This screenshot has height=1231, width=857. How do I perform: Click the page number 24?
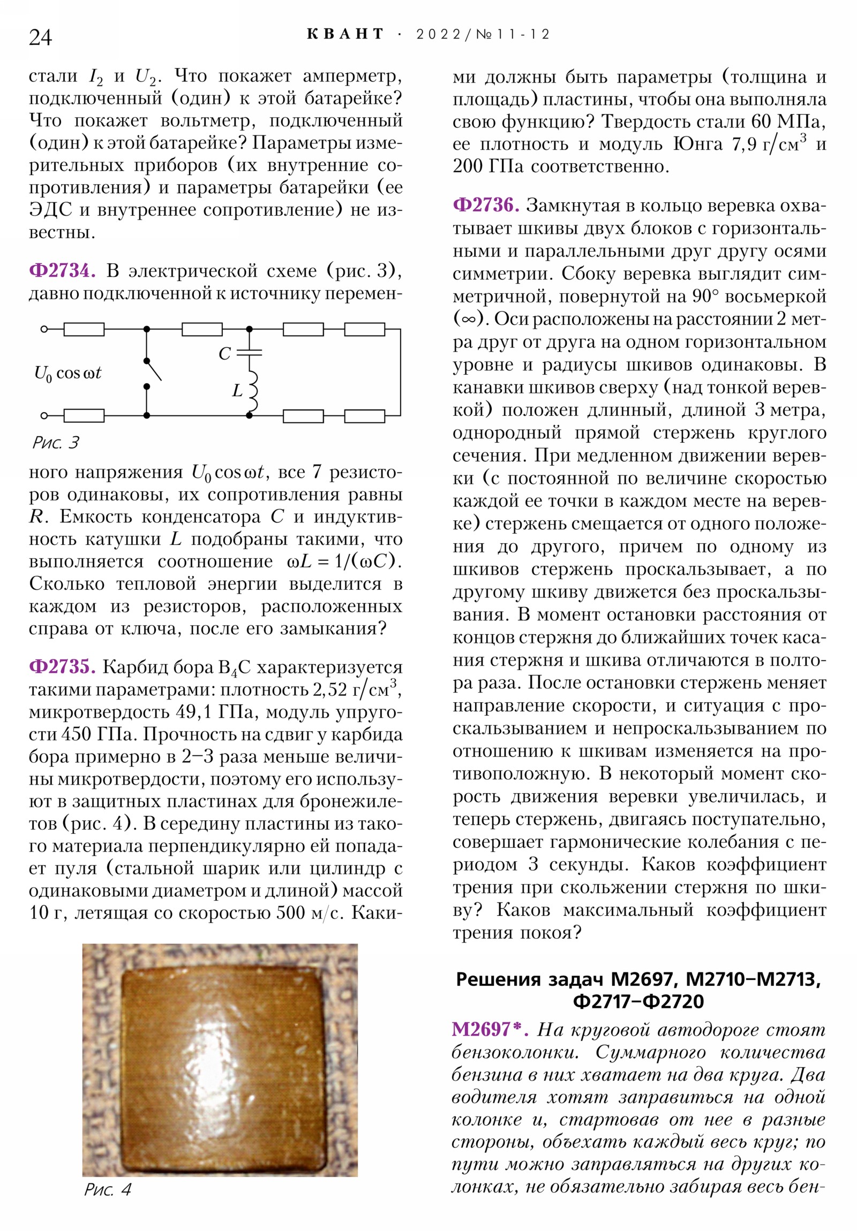click(x=40, y=37)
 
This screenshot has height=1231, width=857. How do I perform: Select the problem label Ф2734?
click(x=62, y=271)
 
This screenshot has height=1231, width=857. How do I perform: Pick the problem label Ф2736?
click(x=486, y=205)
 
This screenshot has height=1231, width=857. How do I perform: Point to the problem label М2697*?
click(x=490, y=1029)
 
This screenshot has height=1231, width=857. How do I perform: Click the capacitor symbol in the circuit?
click(x=250, y=352)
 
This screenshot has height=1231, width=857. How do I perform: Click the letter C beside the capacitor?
click(x=224, y=354)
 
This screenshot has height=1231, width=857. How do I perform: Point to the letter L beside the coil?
click(x=237, y=391)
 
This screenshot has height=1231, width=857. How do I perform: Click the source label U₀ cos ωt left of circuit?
click(x=67, y=373)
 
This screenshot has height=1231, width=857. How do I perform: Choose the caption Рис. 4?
click(x=107, y=1205)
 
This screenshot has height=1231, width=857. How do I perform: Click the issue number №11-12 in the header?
click(x=513, y=35)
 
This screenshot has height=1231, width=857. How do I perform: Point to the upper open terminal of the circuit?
click(x=44, y=329)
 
